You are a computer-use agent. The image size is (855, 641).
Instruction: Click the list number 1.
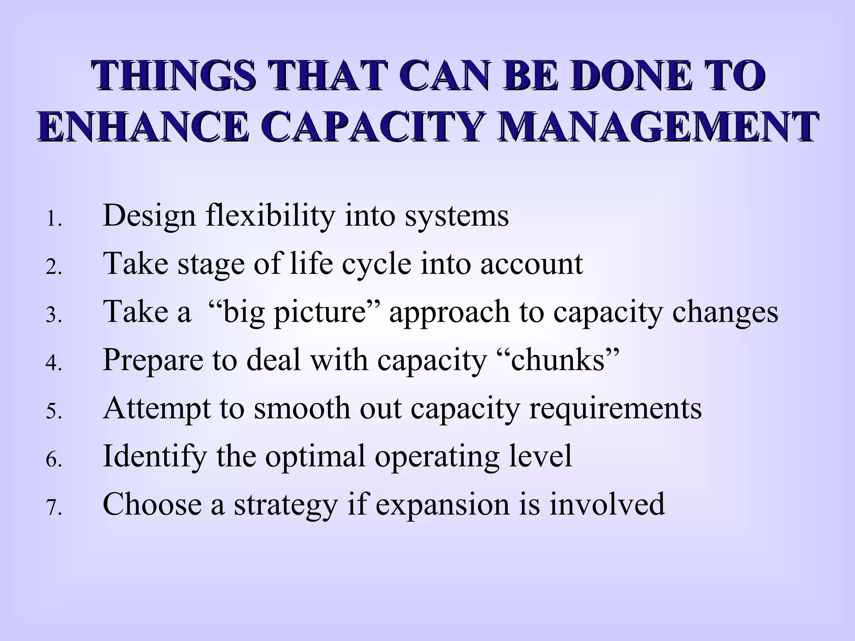53,220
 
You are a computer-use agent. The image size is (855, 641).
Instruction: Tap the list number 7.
53,508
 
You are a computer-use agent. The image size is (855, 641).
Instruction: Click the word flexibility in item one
271,216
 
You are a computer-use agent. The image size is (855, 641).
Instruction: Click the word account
531,265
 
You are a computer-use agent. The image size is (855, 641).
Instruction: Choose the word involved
607,504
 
